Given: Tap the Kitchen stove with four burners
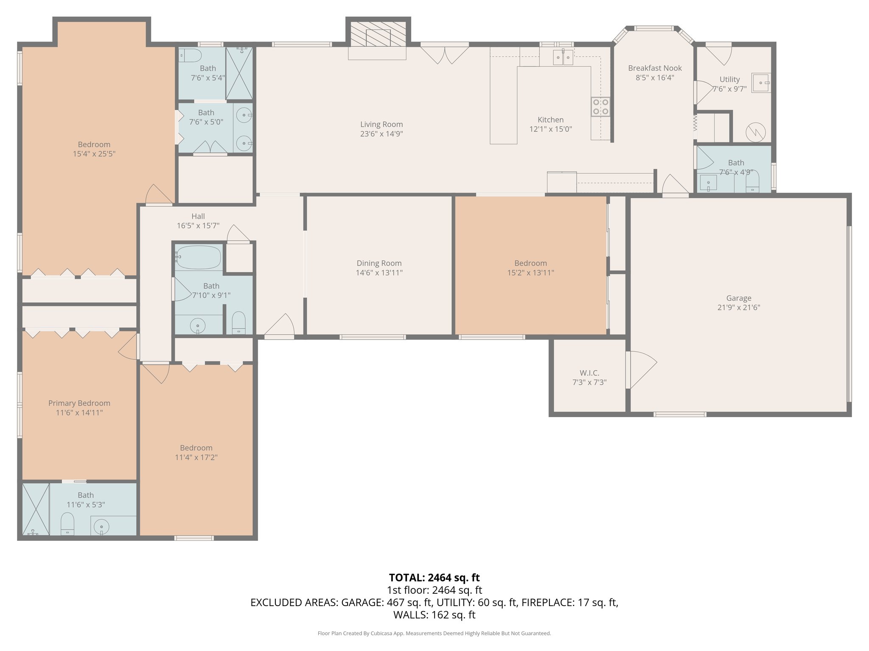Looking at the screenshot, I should click(600, 106).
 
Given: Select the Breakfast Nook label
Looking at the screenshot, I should click(655, 68).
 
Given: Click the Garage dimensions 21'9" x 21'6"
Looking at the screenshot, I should click(738, 308).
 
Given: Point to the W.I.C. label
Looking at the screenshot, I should click(589, 373).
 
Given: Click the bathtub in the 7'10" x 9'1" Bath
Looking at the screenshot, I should click(199, 257).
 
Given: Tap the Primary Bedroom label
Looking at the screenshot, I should click(79, 403).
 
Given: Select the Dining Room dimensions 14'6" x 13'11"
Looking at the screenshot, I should click(379, 273).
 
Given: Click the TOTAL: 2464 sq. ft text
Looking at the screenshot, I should click(434, 578).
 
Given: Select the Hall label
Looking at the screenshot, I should click(198, 216).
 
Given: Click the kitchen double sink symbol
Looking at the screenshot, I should click(563, 57).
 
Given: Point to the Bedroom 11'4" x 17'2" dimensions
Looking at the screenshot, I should click(196, 457).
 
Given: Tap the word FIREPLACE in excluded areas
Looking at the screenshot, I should click(548, 602).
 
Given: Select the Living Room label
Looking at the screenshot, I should click(381, 124).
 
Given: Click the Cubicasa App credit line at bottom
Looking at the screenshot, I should click(434, 633).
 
